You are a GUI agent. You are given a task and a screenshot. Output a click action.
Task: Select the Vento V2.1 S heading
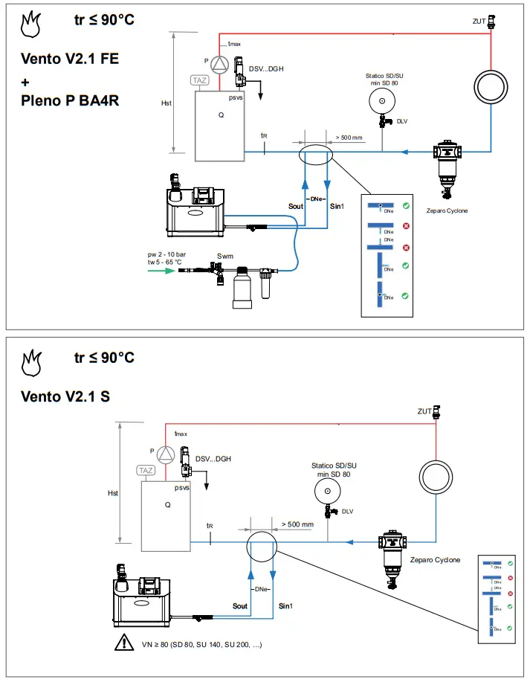coord(65,396)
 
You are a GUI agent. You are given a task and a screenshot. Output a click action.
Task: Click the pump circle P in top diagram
coord(218,62)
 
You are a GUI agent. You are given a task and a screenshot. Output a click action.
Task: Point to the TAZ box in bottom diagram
coord(146,471)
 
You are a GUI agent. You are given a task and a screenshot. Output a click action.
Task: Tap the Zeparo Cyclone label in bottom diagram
coord(434,560)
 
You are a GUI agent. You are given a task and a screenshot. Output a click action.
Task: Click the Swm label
coord(225,256)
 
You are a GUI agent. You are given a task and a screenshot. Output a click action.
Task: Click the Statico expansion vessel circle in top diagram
coord(382,102)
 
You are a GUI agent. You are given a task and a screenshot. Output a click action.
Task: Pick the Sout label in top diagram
coord(296,205)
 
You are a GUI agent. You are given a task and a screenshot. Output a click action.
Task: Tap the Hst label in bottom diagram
coord(113,493)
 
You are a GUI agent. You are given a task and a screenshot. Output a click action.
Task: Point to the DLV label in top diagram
coord(402,121)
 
